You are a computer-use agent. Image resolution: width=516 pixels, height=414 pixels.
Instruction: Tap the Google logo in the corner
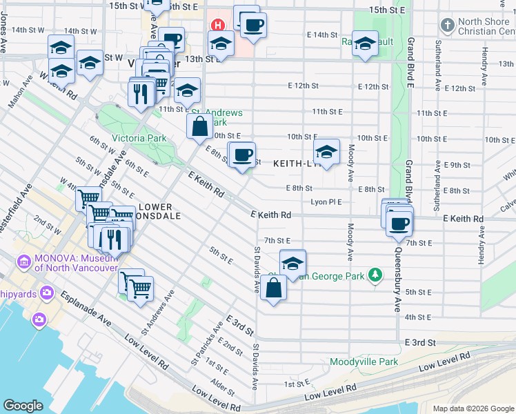click(23, 406)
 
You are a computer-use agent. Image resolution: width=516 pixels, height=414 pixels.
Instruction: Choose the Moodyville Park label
click(364, 362)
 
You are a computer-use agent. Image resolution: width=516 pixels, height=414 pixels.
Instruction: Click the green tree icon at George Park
click(375, 275)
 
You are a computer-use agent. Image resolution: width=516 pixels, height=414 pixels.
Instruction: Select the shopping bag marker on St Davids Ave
click(274, 288)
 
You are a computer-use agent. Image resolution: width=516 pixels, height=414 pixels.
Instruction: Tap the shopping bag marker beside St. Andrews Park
click(199, 126)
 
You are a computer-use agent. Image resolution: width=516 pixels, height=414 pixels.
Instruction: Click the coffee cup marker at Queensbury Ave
click(399, 224)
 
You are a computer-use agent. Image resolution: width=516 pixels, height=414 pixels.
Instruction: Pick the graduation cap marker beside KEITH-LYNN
click(326, 152)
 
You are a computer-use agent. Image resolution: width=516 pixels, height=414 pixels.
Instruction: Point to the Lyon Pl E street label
click(326, 202)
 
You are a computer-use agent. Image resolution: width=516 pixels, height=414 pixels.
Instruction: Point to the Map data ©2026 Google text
click(473, 408)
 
